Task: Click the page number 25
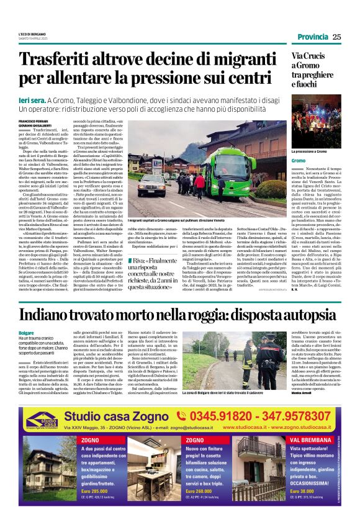click(x=336, y=37)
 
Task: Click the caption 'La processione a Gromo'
click(x=308, y=151)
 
